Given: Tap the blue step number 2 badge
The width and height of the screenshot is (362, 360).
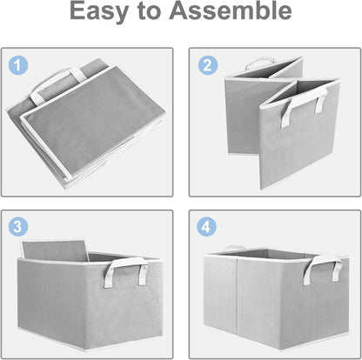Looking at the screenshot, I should [x=207, y=65].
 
